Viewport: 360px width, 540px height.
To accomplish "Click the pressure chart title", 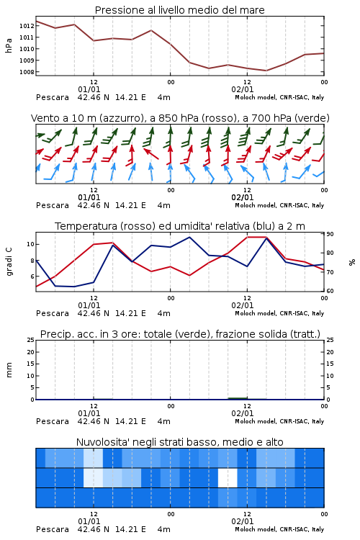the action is coord(179,10).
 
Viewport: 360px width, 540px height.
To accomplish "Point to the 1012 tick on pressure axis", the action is coord(27,26).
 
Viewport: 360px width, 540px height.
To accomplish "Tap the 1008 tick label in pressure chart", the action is coord(27,72).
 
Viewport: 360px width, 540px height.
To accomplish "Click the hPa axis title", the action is coord(9,45).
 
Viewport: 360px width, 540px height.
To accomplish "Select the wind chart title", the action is coord(180,118).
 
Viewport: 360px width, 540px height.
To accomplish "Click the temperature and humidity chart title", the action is coord(180,226).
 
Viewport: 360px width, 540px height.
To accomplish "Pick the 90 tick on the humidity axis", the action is coord(330,234).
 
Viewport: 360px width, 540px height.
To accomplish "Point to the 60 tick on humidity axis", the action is coord(330,291).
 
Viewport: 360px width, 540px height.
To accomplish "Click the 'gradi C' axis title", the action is coord(9,261).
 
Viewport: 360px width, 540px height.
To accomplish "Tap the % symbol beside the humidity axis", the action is coord(352,262).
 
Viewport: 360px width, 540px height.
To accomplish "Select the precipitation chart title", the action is coord(180,334).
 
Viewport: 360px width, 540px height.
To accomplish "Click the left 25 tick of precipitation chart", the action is coord(30,340).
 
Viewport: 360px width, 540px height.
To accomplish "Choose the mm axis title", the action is coord(9,370).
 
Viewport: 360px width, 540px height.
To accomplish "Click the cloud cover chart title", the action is coord(179,442).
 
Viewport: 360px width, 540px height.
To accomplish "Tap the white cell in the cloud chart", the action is coord(228,477).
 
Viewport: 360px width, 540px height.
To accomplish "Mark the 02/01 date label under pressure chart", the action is coord(243,89).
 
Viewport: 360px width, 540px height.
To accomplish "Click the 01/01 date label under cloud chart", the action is coord(89,521).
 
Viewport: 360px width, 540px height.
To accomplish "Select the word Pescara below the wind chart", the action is coord(53,206).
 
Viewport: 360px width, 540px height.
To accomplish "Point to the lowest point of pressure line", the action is coord(266,71).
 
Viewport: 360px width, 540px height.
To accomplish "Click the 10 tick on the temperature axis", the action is coord(30,245).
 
